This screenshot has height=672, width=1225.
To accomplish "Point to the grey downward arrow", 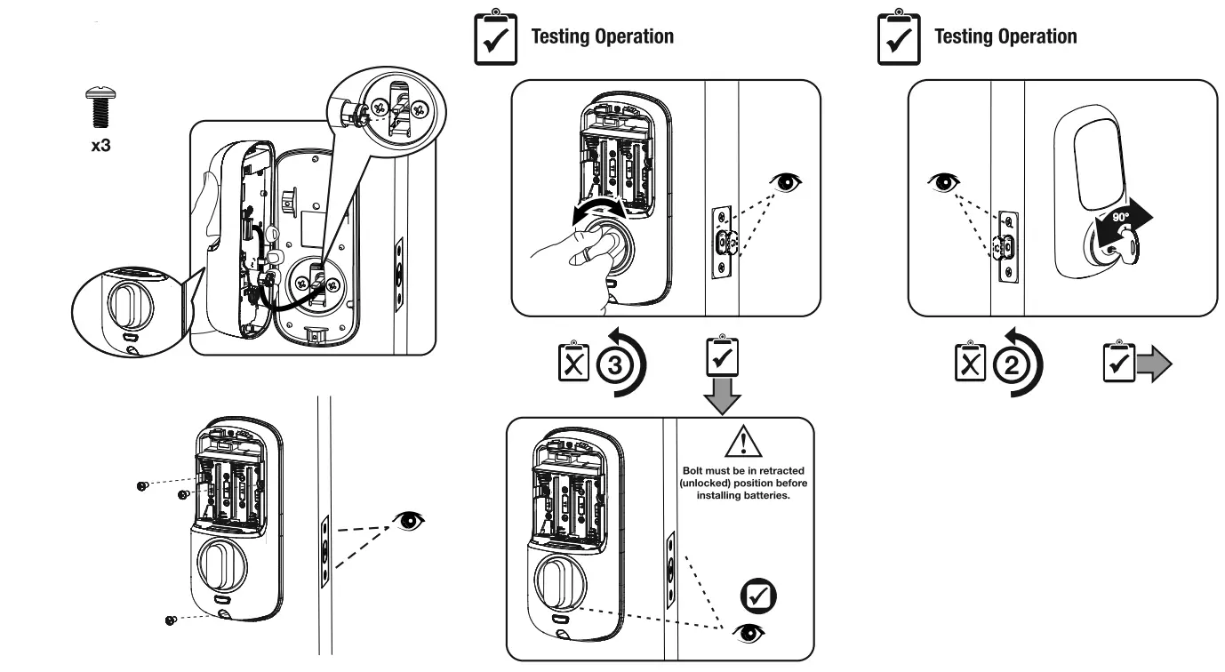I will click(x=721, y=395).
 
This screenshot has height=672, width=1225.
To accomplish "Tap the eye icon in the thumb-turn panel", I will click(x=788, y=182).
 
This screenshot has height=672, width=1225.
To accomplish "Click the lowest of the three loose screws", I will click(x=168, y=620).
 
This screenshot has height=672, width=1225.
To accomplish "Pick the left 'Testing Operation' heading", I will click(x=602, y=36).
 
